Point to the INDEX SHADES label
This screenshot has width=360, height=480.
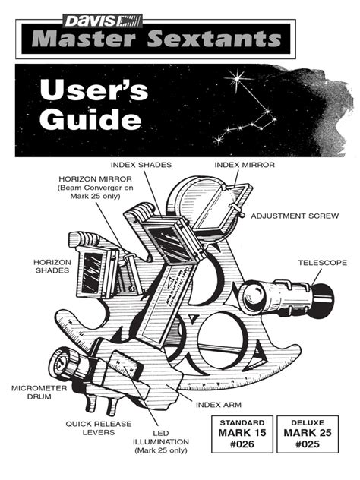point(141,164)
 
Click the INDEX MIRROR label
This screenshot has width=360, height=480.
point(244,164)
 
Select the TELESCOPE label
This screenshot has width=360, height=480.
point(322,262)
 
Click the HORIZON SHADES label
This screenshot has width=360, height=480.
point(51,265)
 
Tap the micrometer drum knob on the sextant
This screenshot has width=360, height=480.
point(61,364)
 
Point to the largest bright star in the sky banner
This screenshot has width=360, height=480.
point(237,80)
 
